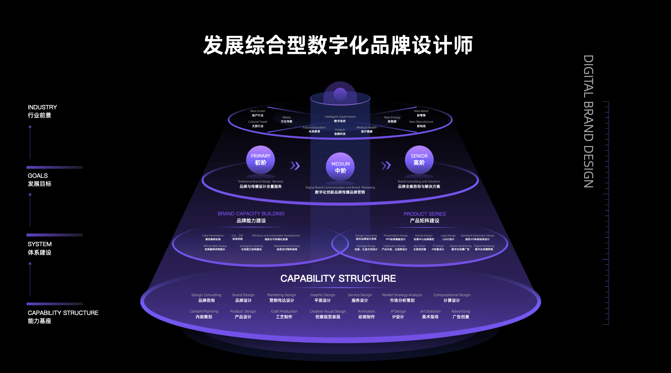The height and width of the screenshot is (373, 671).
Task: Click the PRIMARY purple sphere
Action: click(260, 160)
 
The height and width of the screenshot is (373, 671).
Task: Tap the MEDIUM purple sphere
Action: click(340, 167)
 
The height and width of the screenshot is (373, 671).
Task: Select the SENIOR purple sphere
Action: click(419, 160)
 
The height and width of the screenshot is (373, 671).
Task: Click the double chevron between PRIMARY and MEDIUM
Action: click(295, 166)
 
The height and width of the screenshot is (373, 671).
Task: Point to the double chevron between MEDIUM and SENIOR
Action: click(386, 165)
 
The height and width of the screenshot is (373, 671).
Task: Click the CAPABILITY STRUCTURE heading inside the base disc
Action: click(338, 278)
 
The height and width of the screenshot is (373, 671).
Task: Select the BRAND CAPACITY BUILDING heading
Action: click(251, 214)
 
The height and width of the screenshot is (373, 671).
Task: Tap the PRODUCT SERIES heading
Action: click(424, 214)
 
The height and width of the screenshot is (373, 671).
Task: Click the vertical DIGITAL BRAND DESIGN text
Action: click(588, 121)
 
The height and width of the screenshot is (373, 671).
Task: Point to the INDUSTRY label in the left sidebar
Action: click(42, 107)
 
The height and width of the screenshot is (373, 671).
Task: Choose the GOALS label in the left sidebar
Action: click(38, 176)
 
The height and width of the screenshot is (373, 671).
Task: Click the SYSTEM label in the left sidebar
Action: click(40, 244)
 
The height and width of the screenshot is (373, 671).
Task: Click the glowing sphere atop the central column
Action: click(340, 94)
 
